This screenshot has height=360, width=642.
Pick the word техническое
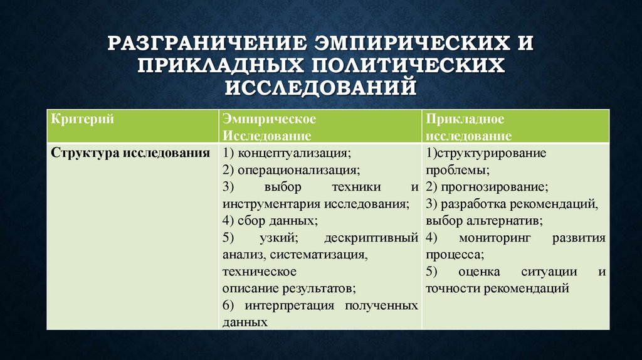258,272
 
